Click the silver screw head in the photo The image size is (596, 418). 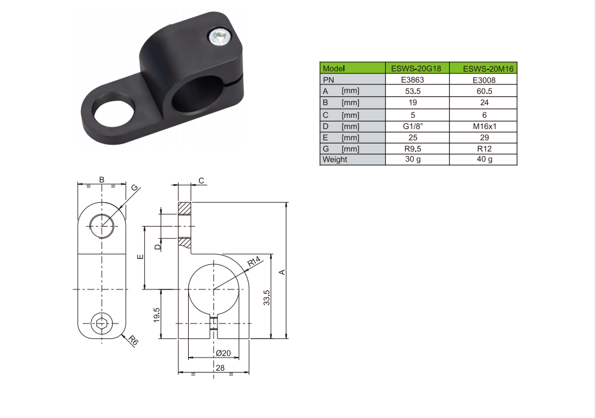[220, 36]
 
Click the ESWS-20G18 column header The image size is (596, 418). [416, 69]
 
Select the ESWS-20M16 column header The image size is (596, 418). [488, 69]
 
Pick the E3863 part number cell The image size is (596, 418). [413, 80]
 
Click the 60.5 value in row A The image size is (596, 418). [484, 91]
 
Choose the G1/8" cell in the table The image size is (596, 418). [413, 126]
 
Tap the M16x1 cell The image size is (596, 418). [485, 126]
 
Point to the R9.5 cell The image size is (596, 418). [413, 149]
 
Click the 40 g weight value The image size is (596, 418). [485, 159]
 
